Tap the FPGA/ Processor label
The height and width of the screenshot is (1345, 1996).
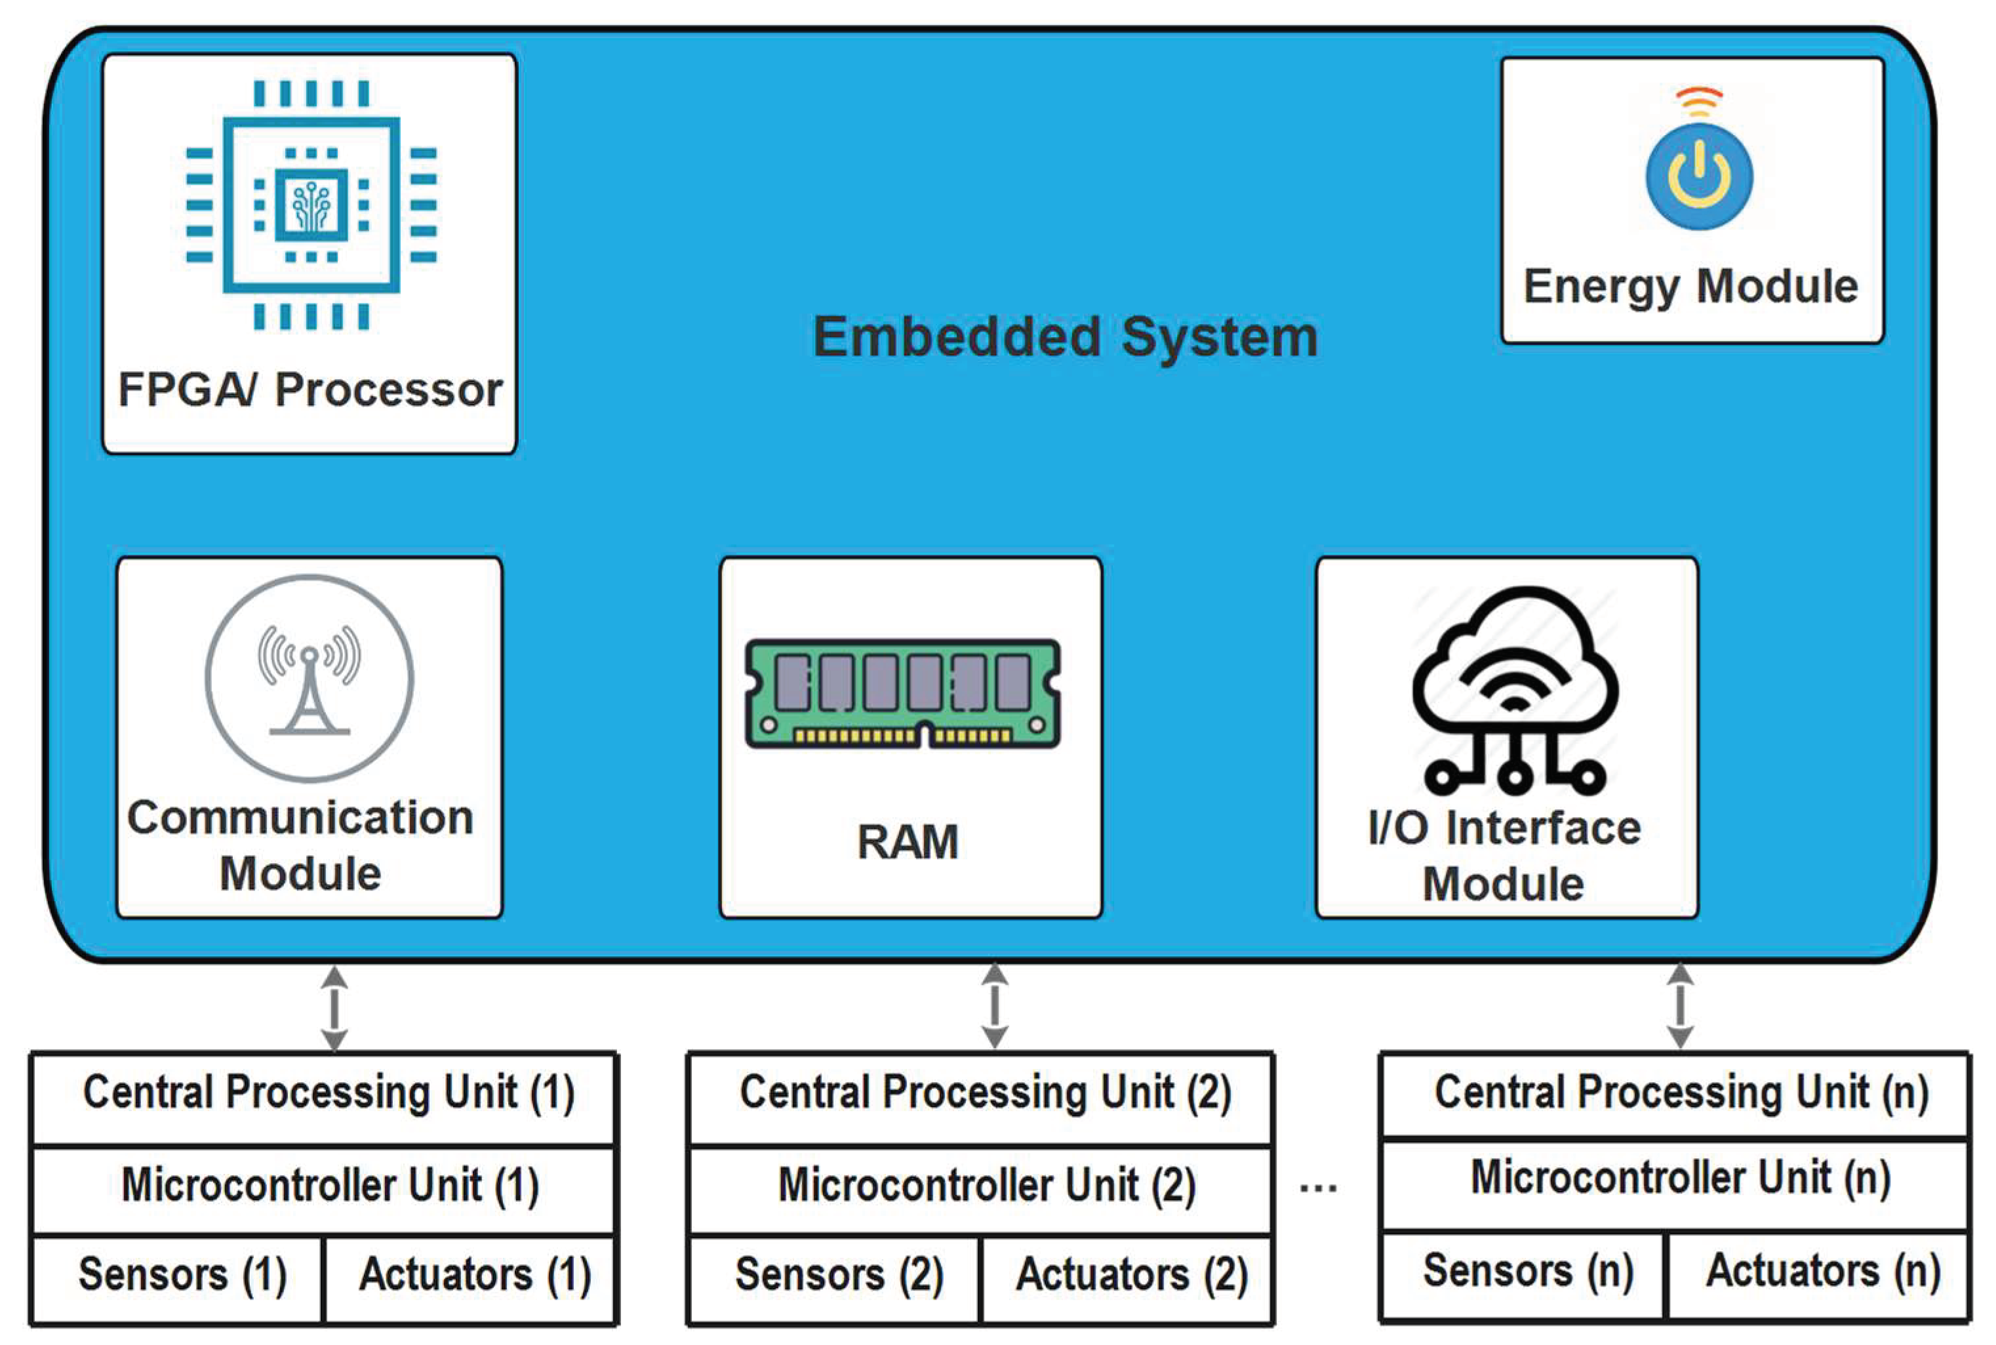coord(309,390)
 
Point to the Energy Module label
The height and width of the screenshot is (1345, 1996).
coord(1690,287)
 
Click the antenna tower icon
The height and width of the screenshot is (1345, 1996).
coord(309,679)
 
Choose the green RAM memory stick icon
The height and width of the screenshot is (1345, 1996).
coord(903,693)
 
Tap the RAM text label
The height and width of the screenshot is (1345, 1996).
coord(908,841)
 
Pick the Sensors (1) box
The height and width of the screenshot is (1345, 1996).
coord(180,1276)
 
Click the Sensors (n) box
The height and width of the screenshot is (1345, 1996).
coord(1525,1273)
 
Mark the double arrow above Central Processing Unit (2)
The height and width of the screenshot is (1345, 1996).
coord(994,1005)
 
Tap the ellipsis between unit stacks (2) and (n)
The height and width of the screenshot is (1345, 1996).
coord(1319,1189)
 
